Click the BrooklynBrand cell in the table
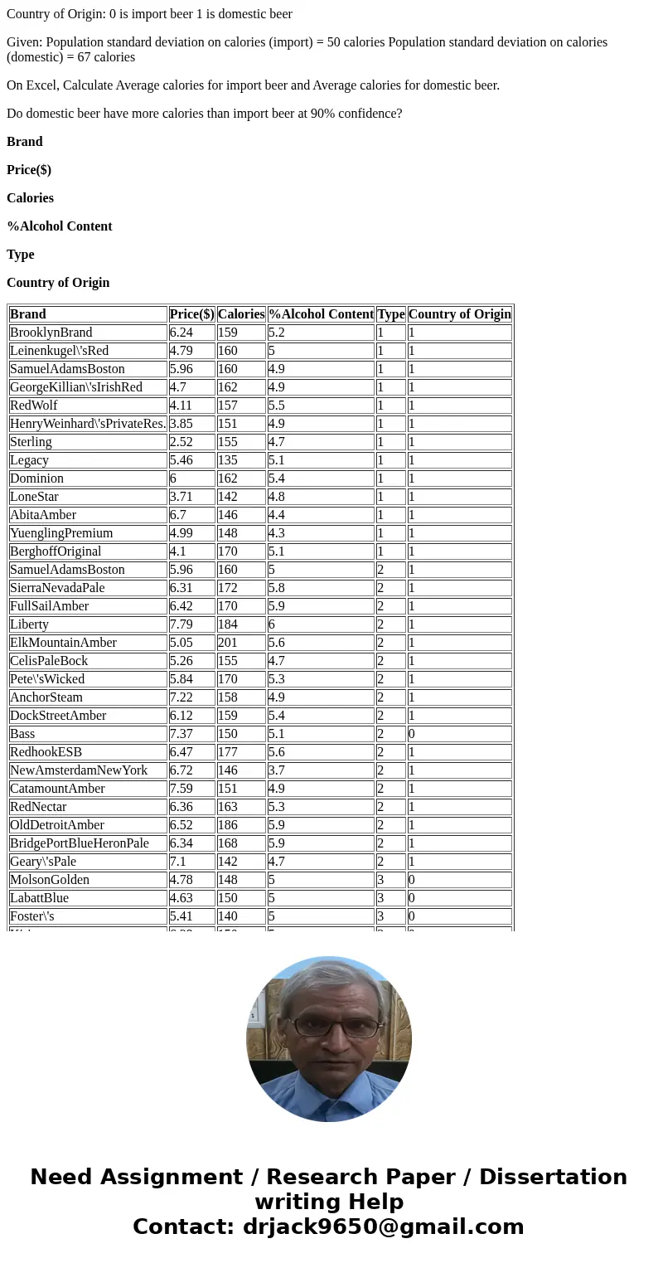pos(51,333)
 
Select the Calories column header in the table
pos(240,314)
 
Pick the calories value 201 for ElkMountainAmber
pos(228,643)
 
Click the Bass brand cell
pos(22,734)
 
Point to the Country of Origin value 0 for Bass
pos(412,734)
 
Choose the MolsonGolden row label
pos(50,880)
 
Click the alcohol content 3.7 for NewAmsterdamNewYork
pos(278,770)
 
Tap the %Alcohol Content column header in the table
pos(321,314)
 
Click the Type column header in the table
pos(390,314)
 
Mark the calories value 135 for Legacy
pos(228,460)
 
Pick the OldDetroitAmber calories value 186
pos(228,825)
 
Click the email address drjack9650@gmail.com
pos(383,1227)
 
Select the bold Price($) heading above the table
pos(29,170)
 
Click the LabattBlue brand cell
pos(40,898)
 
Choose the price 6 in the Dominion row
pos(173,478)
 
